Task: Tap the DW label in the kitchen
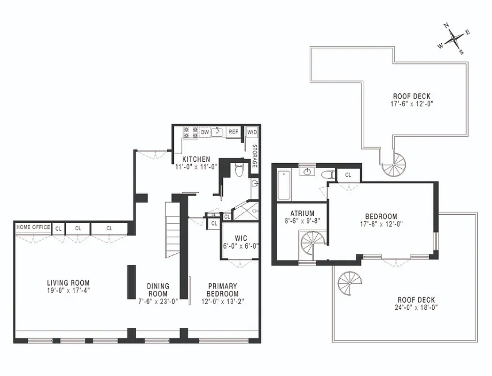tap(205, 132)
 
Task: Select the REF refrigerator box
tap(234, 132)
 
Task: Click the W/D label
tap(252, 132)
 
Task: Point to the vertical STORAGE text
tap(254, 156)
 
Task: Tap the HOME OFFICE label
tap(33, 227)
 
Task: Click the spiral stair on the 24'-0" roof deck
tap(350, 283)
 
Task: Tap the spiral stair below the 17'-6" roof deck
tap(393, 164)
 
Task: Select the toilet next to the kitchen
tap(239, 169)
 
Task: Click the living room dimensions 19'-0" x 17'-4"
tap(68, 290)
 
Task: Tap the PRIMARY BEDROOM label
tap(223, 290)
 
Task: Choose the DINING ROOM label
tap(158, 290)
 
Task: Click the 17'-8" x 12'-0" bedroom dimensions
tap(381, 224)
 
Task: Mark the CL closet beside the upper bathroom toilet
tap(348, 175)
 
